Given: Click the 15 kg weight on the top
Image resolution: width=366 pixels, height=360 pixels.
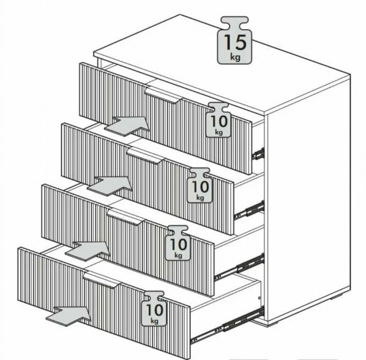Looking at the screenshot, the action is click(x=234, y=40).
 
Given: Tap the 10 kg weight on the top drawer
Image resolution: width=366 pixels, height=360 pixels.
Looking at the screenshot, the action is click(x=219, y=120).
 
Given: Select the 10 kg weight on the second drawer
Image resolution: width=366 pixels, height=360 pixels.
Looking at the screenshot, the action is click(x=200, y=185).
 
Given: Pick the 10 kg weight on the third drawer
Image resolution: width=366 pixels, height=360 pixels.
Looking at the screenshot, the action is click(x=178, y=243).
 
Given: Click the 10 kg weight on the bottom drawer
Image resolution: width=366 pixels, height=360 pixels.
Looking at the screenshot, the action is click(x=154, y=308).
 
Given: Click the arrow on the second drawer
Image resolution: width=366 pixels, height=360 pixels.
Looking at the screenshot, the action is click(x=110, y=186).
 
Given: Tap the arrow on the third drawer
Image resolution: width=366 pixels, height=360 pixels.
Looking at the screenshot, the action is click(x=88, y=251).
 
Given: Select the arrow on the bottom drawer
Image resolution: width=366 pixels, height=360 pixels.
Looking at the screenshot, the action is click(x=68, y=316).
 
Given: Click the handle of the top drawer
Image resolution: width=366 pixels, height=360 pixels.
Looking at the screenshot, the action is click(x=163, y=95).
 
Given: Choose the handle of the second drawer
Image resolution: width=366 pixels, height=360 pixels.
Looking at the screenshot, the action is click(x=146, y=155).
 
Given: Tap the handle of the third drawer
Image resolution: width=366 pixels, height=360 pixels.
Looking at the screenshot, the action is click(x=126, y=217).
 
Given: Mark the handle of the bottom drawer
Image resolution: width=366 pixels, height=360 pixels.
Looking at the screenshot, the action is click(x=102, y=280).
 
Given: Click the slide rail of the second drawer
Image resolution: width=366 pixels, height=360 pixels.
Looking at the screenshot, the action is click(x=249, y=210).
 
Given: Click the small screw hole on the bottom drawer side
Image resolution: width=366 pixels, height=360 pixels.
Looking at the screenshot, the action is click(x=259, y=298).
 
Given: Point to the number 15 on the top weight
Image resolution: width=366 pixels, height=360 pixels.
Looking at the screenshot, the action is click(x=235, y=42).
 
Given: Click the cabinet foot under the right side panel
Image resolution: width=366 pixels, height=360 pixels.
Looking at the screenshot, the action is click(x=338, y=297).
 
